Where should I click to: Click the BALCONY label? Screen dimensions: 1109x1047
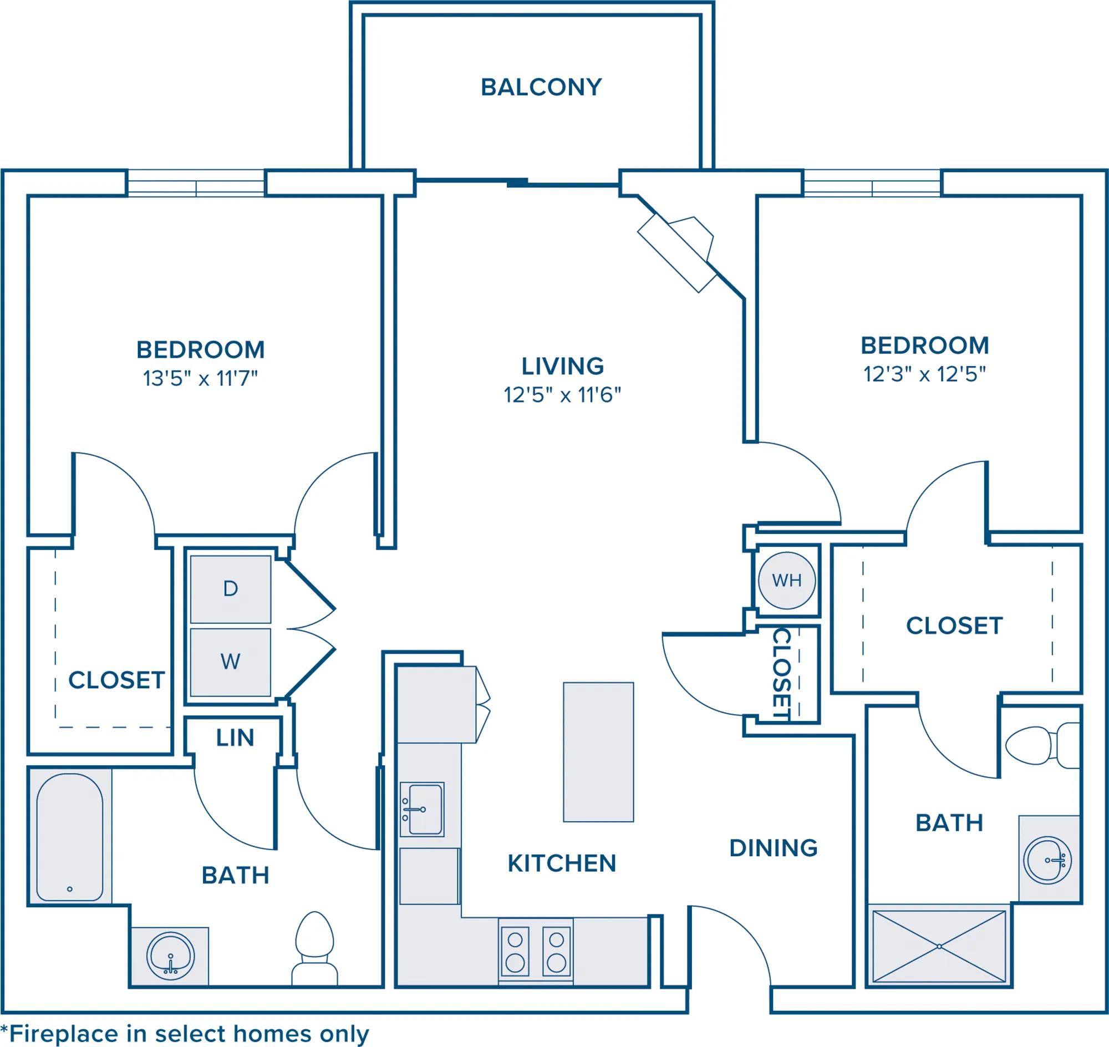coord(541,87)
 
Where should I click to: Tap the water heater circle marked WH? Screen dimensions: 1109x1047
coord(787,581)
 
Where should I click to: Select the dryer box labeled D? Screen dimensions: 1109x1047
coord(231,589)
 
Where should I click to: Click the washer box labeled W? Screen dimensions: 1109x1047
coord(231,663)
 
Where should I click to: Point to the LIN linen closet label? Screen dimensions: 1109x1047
coord(235,738)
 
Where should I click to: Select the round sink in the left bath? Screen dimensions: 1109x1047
coord(171,957)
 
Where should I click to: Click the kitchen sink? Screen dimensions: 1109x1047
coord(423,809)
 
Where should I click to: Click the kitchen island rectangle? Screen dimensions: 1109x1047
coord(598,752)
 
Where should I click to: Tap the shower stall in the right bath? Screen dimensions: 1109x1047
coord(939,947)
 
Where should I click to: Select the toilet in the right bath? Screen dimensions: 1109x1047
coord(1042,745)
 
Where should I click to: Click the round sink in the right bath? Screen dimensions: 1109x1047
coord(1047,860)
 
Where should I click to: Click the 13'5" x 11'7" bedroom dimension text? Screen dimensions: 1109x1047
coord(200,379)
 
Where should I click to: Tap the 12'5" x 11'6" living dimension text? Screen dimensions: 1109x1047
coord(563,395)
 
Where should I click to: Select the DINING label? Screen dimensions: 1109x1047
coord(774,848)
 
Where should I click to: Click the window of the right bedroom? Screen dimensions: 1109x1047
coord(872,183)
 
